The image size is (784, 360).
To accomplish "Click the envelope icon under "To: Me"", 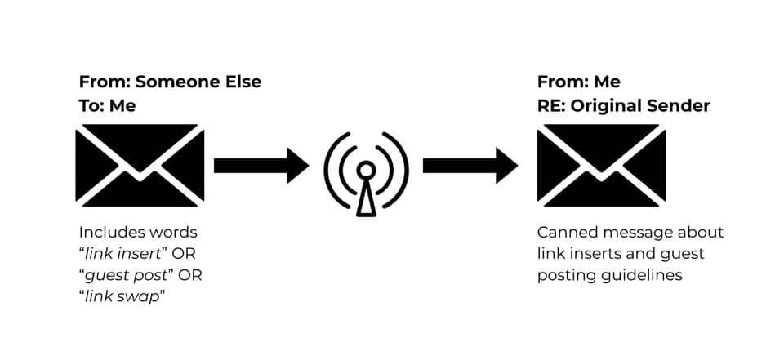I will [x=139, y=165].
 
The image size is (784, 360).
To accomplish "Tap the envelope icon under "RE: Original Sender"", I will [x=601, y=165].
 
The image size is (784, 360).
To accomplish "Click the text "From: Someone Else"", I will [x=170, y=82].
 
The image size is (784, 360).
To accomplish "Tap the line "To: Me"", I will [x=107, y=106].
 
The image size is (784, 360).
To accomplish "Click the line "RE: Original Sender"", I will [x=623, y=106].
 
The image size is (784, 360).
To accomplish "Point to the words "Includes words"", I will [x=138, y=233].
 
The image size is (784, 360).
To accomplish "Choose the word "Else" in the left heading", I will [x=243, y=82].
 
